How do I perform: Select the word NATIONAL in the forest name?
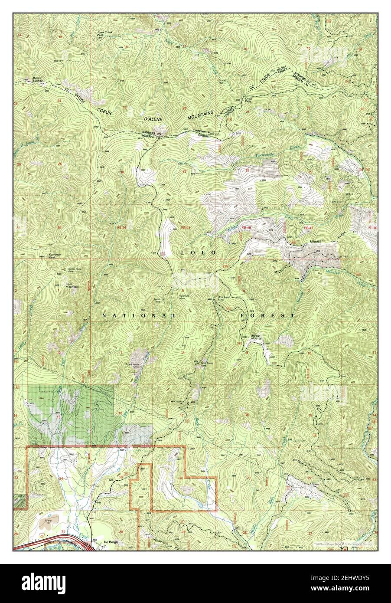click(139, 316)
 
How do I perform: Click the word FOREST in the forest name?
click(267, 316)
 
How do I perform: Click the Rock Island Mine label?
click(223, 299)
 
